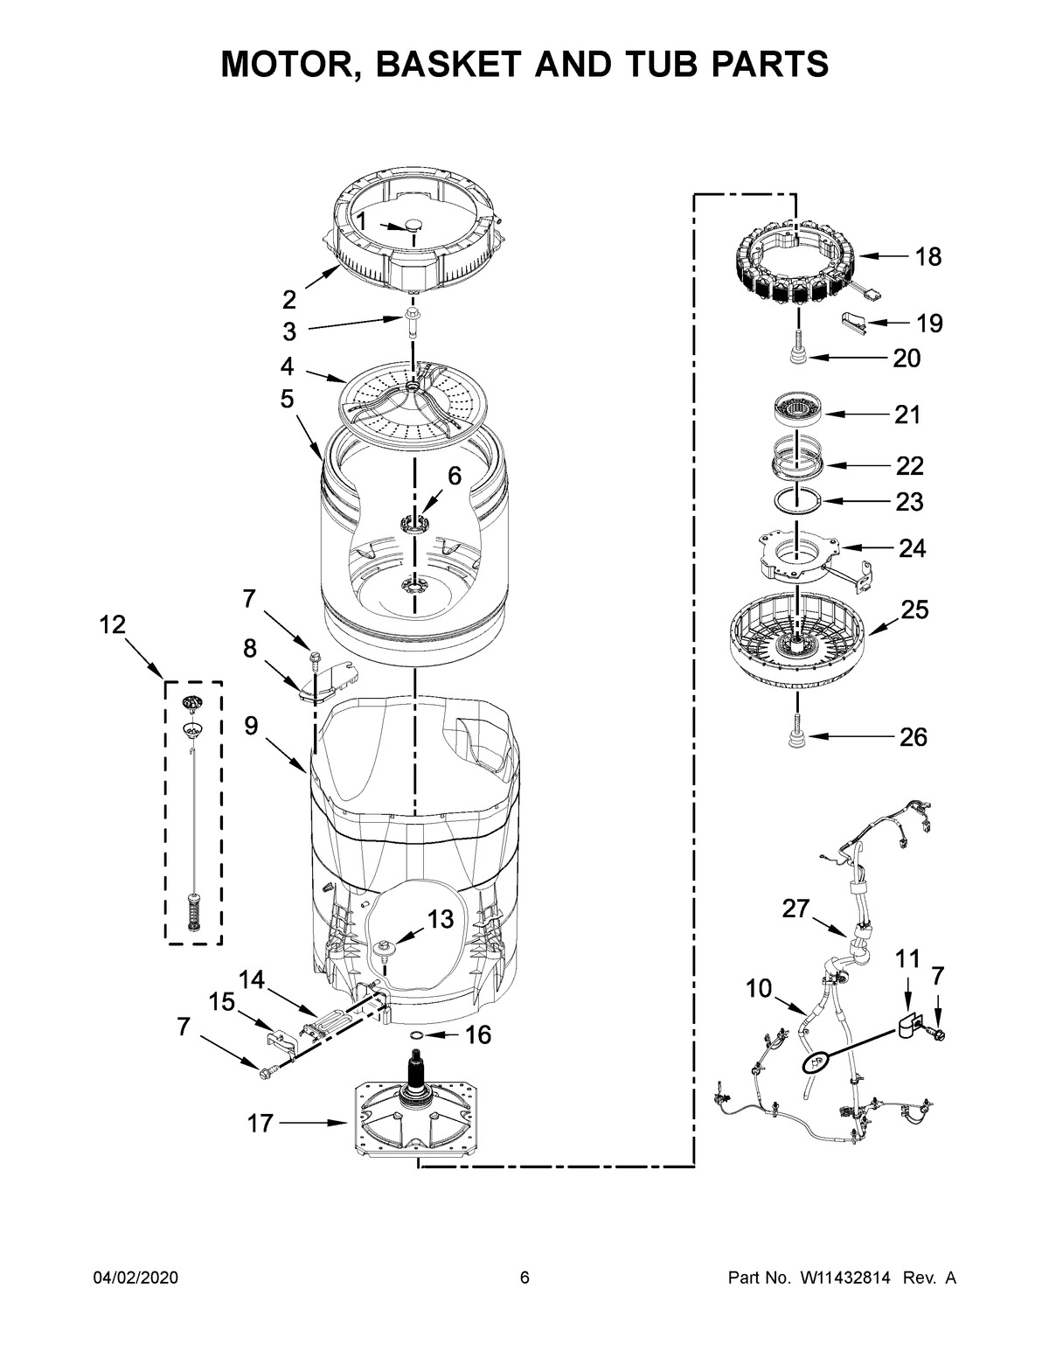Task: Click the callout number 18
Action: tap(928, 256)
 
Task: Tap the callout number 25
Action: tap(914, 609)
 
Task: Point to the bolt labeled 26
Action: tap(797, 736)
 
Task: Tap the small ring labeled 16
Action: tap(417, 1036)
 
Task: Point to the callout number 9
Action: tap(251, 727)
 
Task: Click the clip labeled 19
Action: tap(857, 322)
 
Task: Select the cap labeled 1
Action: tap(412, 226)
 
